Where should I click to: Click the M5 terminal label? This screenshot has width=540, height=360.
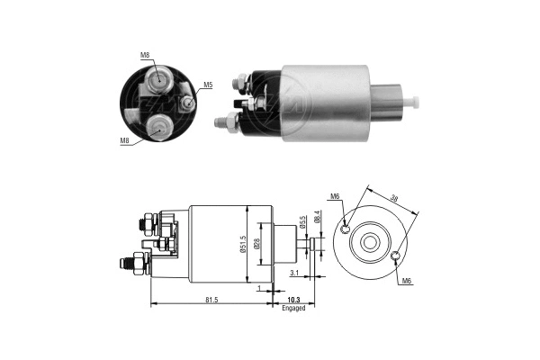point(208,85)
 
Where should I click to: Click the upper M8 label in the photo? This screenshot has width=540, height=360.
point(145,55)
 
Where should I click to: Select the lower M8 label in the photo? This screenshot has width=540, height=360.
point(125,140)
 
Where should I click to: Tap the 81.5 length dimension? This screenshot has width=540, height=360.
point(211,300)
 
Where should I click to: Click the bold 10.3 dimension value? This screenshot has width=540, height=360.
point(293,300)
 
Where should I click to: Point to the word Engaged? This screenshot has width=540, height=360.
point(293,308)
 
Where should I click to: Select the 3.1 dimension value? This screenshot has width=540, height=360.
point(294,274)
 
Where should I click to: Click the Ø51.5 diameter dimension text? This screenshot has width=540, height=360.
point(243,245)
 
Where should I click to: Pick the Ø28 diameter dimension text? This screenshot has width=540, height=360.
point(256,244)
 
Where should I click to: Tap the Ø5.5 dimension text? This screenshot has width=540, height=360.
point(302,222)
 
